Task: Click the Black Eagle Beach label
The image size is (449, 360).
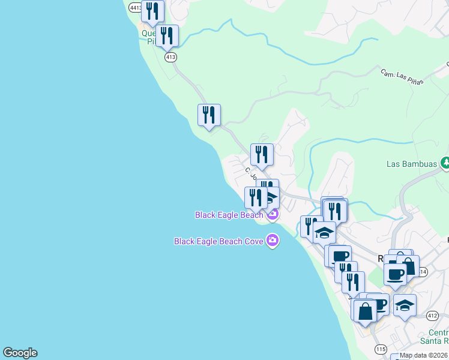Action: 229,215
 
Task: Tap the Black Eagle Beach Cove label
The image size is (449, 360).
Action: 218,241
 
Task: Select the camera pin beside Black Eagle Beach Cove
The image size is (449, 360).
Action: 273,241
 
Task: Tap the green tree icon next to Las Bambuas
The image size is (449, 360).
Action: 445,163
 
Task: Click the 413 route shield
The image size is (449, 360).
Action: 170,57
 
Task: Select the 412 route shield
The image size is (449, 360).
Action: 432,315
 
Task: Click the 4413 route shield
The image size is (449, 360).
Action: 135,7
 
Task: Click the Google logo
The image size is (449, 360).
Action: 20,353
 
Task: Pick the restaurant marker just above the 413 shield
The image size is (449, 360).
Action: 167,35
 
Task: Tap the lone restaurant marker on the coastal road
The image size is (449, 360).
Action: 209,115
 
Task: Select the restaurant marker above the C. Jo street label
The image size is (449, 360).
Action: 262,154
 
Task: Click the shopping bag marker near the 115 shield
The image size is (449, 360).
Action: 365,311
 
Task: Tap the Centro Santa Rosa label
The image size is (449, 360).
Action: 439,337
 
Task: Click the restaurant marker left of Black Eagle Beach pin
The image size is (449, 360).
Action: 256,197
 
